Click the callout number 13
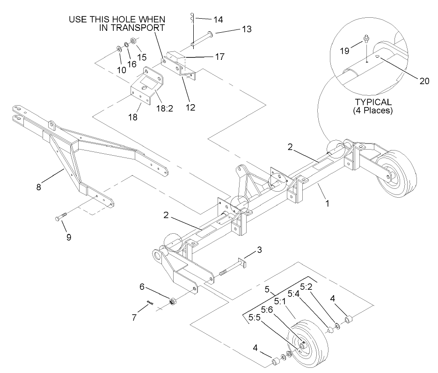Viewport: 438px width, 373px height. point(246,29)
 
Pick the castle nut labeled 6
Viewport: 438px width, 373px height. point(171,301)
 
